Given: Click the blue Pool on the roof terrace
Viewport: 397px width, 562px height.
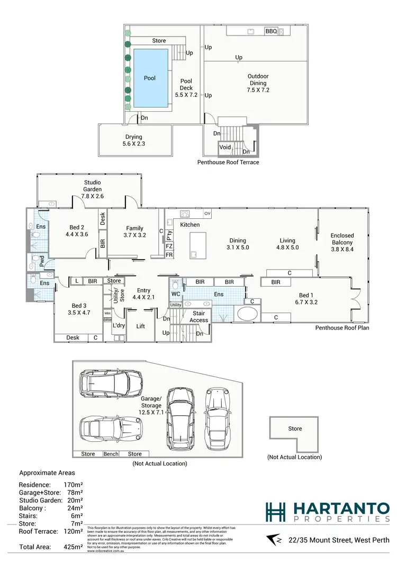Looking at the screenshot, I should pyautogui.click(x=150, y=78).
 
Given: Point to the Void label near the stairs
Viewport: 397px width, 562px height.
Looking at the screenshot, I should pyautogui.click(x=225, y=147).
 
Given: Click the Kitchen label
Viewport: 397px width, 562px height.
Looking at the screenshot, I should pyautogui.click(x=190, y=225).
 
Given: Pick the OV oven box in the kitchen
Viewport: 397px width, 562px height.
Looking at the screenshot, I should pyautogui.click(x=207, y=213).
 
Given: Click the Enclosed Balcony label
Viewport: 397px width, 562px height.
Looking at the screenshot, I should pyautogui.click(x=342, y=242).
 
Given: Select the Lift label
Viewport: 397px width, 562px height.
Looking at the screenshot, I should pyautogui.click(x=140, y=327).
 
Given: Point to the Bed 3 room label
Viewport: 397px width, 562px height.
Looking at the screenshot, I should pyautogui.click(x=78, y=309).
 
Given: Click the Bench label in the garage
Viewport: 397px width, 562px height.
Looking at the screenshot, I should pyautogui.click(x=111, y=454).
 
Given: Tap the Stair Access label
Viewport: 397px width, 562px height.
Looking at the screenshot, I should pyautogui.click(x=199, y=317).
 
